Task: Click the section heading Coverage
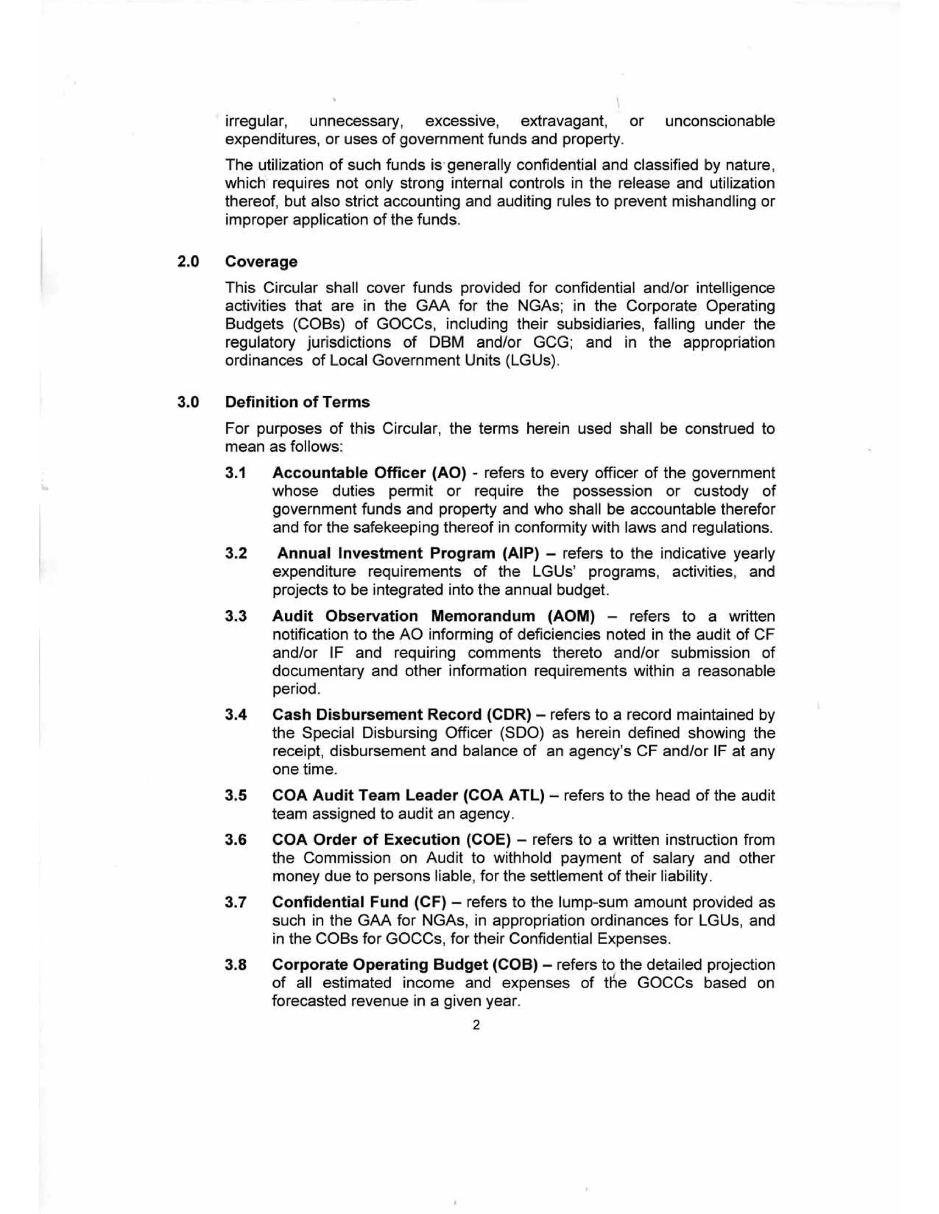261,261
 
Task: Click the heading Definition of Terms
297,402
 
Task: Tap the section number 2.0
188,261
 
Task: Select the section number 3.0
188,402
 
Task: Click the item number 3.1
236,473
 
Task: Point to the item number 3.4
236,714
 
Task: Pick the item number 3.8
236,964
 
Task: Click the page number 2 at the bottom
475,1024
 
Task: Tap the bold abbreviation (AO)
449,473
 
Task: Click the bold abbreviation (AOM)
571,617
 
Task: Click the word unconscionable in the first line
720,121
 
